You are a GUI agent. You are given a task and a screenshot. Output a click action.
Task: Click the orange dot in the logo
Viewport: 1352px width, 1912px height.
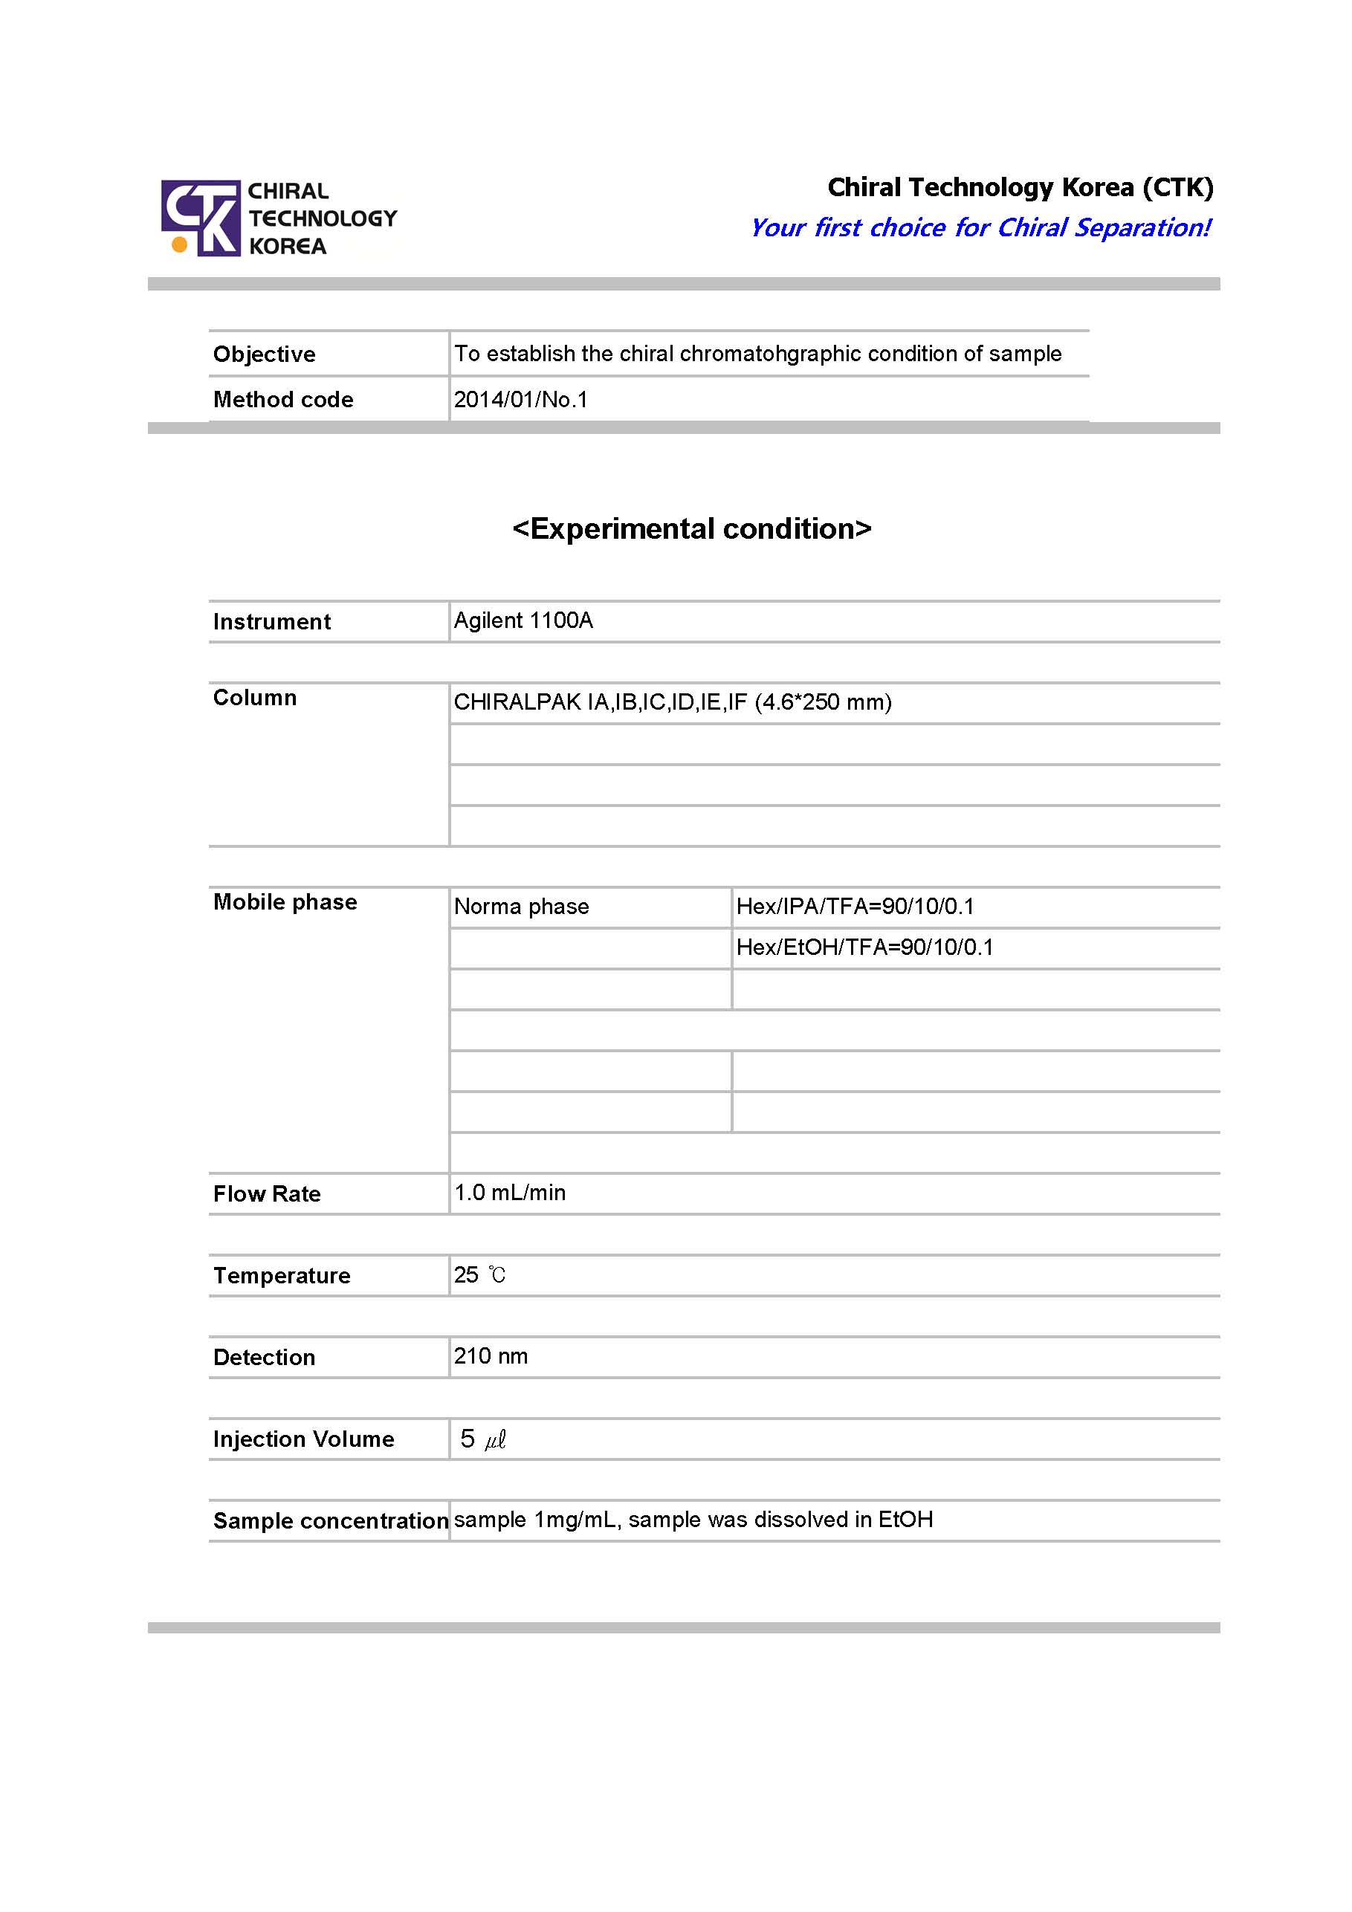[x=178, y=244]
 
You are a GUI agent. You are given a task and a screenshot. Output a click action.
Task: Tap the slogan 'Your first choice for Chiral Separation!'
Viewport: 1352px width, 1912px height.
[x=980, y=227]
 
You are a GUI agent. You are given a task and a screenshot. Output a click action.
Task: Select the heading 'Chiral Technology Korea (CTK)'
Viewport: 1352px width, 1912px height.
[x=1020, y=187]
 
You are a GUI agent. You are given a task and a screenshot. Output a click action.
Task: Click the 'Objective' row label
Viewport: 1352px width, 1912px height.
[x=264, y=354]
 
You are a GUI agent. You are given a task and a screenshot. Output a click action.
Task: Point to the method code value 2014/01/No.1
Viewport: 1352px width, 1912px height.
[x=520, y=400]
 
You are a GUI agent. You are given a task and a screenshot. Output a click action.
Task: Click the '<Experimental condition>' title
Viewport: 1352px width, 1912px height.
[x=691, y=529]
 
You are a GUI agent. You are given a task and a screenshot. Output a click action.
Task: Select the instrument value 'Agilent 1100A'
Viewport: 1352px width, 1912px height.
[x=523, y=620]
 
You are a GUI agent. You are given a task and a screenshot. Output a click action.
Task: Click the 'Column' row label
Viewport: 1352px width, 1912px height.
[x=255, y=698]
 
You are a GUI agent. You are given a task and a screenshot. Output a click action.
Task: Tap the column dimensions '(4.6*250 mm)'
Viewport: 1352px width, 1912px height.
[x=823, y=702]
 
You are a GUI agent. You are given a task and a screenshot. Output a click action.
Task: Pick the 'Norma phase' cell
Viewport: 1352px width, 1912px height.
[x=522, y=906]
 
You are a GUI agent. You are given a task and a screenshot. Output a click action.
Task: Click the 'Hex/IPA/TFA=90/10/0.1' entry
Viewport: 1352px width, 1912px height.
[x=855, y=906]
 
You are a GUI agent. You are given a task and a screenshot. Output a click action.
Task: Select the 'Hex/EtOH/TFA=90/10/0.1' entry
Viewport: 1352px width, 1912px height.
[x=864, y=947]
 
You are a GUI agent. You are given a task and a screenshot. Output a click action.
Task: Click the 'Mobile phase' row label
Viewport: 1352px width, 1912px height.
[x=285, y=902]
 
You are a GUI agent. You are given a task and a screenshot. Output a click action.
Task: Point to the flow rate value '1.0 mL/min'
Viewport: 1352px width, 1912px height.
[x=510, y=1193]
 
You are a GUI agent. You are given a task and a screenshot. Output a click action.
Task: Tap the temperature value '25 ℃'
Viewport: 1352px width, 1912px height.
[x=480, y=1275]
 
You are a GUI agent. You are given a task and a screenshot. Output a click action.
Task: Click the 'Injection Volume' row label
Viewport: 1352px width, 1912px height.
[x=303, y=1439]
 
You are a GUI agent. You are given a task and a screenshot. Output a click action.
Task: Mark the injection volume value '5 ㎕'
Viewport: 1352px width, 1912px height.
[x=483, y=1438]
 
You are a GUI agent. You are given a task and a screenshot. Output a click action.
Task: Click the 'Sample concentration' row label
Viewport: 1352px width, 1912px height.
[x=331, y=1520]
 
